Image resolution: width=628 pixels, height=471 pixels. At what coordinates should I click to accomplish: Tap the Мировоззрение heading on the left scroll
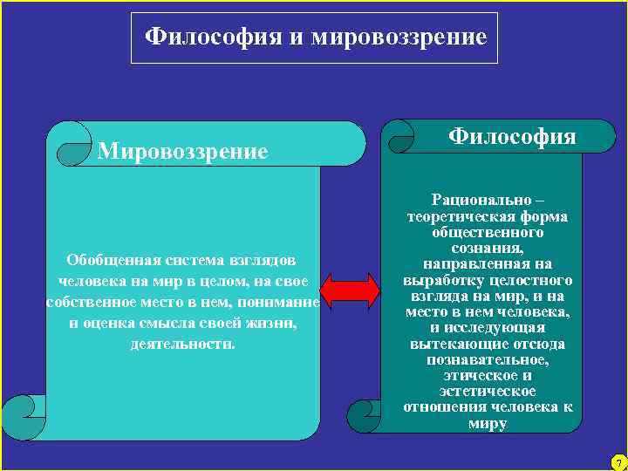[183, 152]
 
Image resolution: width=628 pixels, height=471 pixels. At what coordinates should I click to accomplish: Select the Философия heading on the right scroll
[512, 136]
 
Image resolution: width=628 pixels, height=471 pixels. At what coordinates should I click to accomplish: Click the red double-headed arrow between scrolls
[350, 290]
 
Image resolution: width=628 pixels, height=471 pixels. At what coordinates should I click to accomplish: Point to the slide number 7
[618, 461]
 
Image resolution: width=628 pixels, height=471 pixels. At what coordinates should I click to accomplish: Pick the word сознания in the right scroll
[488, 249]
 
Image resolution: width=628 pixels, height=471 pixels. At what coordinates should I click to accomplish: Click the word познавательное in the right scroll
[488, 358]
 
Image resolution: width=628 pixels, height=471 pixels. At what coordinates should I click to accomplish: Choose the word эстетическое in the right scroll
[488, 392]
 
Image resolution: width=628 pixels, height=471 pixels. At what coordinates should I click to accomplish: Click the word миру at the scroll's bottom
[488, 424]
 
